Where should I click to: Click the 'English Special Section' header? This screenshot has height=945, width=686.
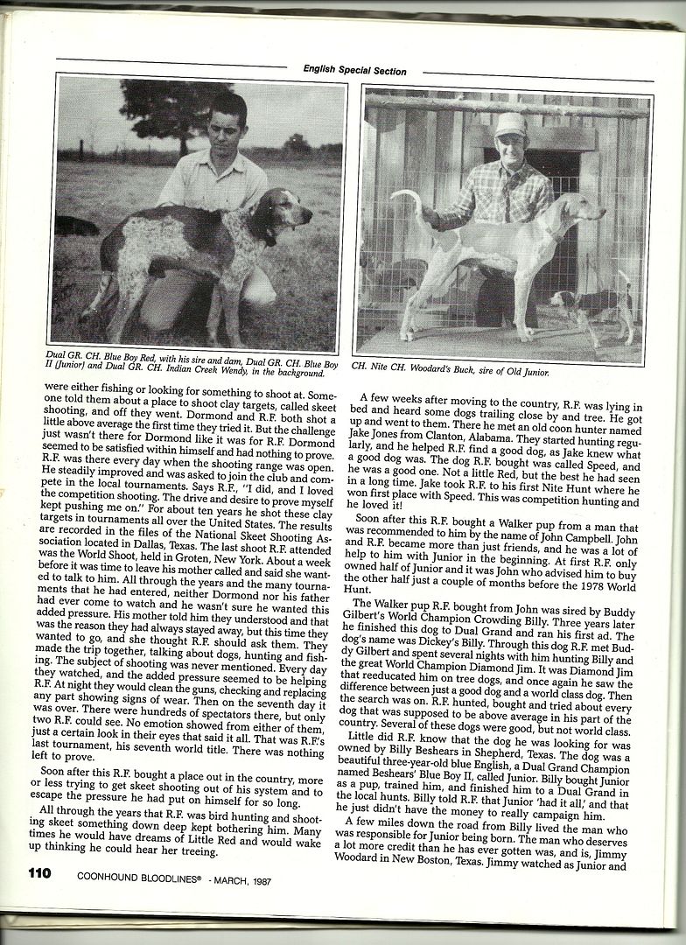click(x=354, y=70)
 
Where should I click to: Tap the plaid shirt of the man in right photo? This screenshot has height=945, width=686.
click(x=499, y=197)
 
